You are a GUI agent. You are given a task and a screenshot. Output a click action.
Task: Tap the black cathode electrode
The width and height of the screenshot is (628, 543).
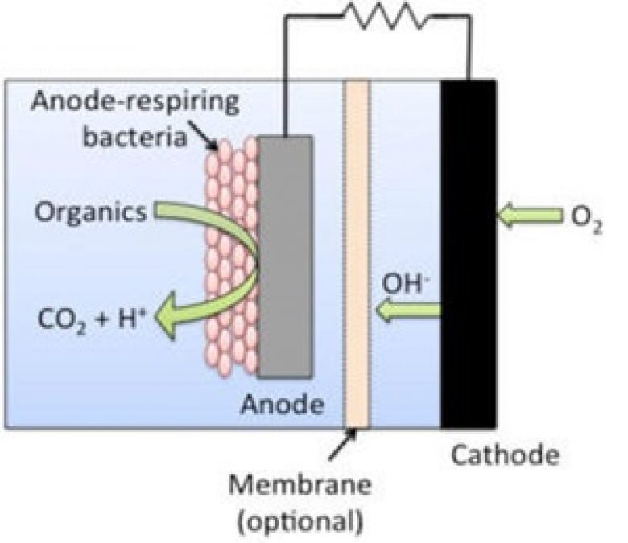(x=469, y=254)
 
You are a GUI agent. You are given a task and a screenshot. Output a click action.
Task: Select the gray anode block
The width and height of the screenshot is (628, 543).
(x=285, y=257)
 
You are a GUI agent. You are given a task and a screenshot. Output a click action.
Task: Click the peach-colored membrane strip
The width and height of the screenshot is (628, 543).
(x=357, y=254)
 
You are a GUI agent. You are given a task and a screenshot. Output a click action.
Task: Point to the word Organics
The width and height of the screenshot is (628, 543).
(x=91, y=212)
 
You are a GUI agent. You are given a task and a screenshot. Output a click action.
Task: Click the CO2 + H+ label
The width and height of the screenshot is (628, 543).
(x=90, y=319)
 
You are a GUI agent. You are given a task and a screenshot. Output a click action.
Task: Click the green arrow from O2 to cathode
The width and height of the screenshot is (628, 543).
(x=530, y=216)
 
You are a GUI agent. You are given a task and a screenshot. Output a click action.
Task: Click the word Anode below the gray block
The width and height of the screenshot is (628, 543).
(x=282, y=404)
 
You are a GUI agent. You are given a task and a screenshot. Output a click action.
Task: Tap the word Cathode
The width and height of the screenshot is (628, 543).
(x=505, y=455)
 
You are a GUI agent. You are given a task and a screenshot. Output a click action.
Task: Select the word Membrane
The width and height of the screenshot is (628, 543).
(x=300, y=484)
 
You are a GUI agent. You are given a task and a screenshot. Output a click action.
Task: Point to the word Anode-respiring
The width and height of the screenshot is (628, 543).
(x=135, y=101)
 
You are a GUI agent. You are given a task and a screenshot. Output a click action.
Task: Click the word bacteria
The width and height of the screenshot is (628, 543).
(x=134, y=137)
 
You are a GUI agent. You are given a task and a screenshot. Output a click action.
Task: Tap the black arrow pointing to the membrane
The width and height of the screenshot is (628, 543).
(x=342, y=444)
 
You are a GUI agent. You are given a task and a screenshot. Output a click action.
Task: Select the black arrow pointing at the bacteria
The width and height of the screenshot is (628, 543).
(x=203, y=136)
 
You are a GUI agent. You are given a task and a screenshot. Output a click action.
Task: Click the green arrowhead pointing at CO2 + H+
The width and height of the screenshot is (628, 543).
(x=166, y=315)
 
